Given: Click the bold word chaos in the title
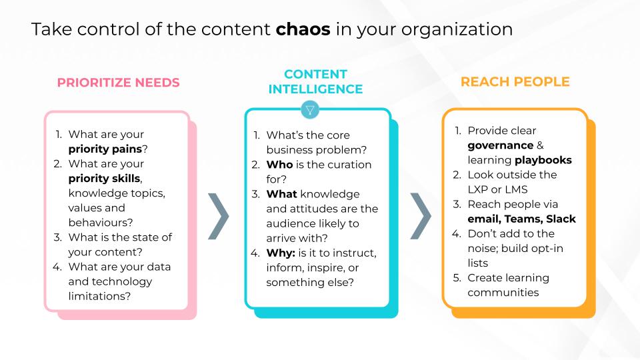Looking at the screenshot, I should [303, 31].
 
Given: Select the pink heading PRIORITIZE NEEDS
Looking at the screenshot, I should [118, 83].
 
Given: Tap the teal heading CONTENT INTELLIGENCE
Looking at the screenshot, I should [316, 81].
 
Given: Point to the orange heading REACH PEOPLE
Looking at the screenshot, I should [515, 82].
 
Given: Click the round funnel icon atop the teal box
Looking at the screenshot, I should [311, 109].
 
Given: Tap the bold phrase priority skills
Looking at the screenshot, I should [105, 178].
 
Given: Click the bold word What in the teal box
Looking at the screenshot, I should [282, 194].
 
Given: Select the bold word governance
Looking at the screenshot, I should [500, 145].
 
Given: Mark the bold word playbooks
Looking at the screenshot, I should [543, 160].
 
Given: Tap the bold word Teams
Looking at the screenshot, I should [523, 219].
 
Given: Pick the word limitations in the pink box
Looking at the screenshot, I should [99, 295].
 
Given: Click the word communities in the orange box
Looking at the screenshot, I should [503, 292].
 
